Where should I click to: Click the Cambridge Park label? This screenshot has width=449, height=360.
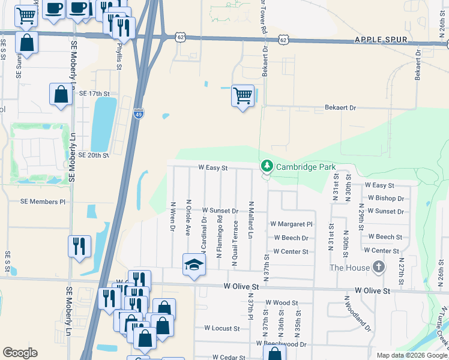click(306, 166)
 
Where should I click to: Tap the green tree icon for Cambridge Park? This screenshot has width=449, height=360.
click(266, 166)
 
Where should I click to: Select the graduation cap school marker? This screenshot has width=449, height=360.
click(194, 265)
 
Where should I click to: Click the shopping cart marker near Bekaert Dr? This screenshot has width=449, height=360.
click(243, 95)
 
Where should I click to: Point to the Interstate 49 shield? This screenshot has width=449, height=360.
click(138, 113)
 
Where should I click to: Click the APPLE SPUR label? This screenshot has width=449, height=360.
click(381, 40)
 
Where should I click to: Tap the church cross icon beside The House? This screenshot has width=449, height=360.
click(378, 267)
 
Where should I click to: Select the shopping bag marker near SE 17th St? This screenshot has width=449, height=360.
click(61, 94)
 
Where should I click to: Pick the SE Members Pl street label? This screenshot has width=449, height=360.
click(43, 202)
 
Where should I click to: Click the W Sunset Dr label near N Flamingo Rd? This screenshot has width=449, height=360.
click(220, 211)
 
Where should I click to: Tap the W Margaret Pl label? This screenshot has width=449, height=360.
click(292, 224)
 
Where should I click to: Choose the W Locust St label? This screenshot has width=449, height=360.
click(221, 328)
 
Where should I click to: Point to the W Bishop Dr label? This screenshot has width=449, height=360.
click(384, 198)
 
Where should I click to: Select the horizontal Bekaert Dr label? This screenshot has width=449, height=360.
click(340, 107)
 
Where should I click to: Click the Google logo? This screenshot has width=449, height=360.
click(20, 353)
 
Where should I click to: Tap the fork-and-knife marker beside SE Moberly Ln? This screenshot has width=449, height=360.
click(79, 245)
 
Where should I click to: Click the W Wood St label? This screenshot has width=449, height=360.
click(282, 303)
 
